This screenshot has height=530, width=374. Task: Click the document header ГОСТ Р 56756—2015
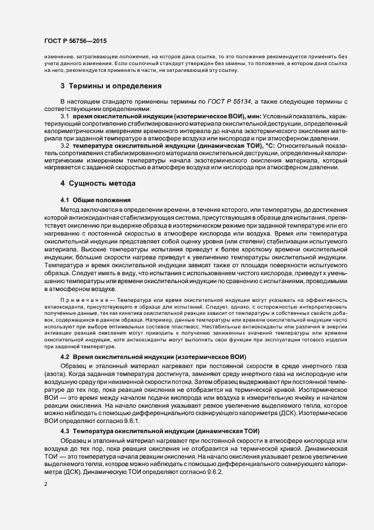(x=75, y=41)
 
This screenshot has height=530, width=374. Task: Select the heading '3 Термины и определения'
(x=111, y=86)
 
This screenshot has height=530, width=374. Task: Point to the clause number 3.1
(x=65, y=116)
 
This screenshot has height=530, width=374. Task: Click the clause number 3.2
(x=65, y=145)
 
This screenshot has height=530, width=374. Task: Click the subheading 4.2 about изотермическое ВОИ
(x=153, y=357)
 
